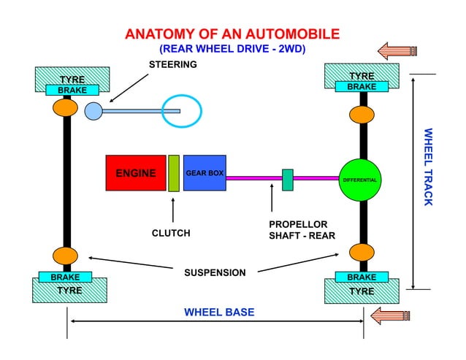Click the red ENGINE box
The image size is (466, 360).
click(x=136, y=173)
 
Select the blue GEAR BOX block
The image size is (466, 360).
click(x=205, y=173)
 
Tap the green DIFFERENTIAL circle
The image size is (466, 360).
click(x=360, y=180)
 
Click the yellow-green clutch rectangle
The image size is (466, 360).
click(x=174, y=173)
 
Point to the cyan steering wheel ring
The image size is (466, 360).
click(x=181, y=111)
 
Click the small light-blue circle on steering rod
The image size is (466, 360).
click(x=93, y=111)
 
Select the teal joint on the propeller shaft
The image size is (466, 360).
click(x=288, y=180)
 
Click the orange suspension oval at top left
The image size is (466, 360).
click(x=65, y=108)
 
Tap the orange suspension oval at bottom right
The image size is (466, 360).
click(x=362, y=253)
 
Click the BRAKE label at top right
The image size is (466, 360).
click(x=362, y=87)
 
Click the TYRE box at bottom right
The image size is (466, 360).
click(x=362, y=291)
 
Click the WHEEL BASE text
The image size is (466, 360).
click(x=219, y=312)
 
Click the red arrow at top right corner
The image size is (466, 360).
click(x=394, y=50)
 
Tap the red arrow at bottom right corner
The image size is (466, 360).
click(x=391, y=316)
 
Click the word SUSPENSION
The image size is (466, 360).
click(x=215, y=272)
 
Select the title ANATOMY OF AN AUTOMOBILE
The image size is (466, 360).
click(x=232, y=34)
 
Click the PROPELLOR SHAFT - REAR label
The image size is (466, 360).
click(x=298, y=230)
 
